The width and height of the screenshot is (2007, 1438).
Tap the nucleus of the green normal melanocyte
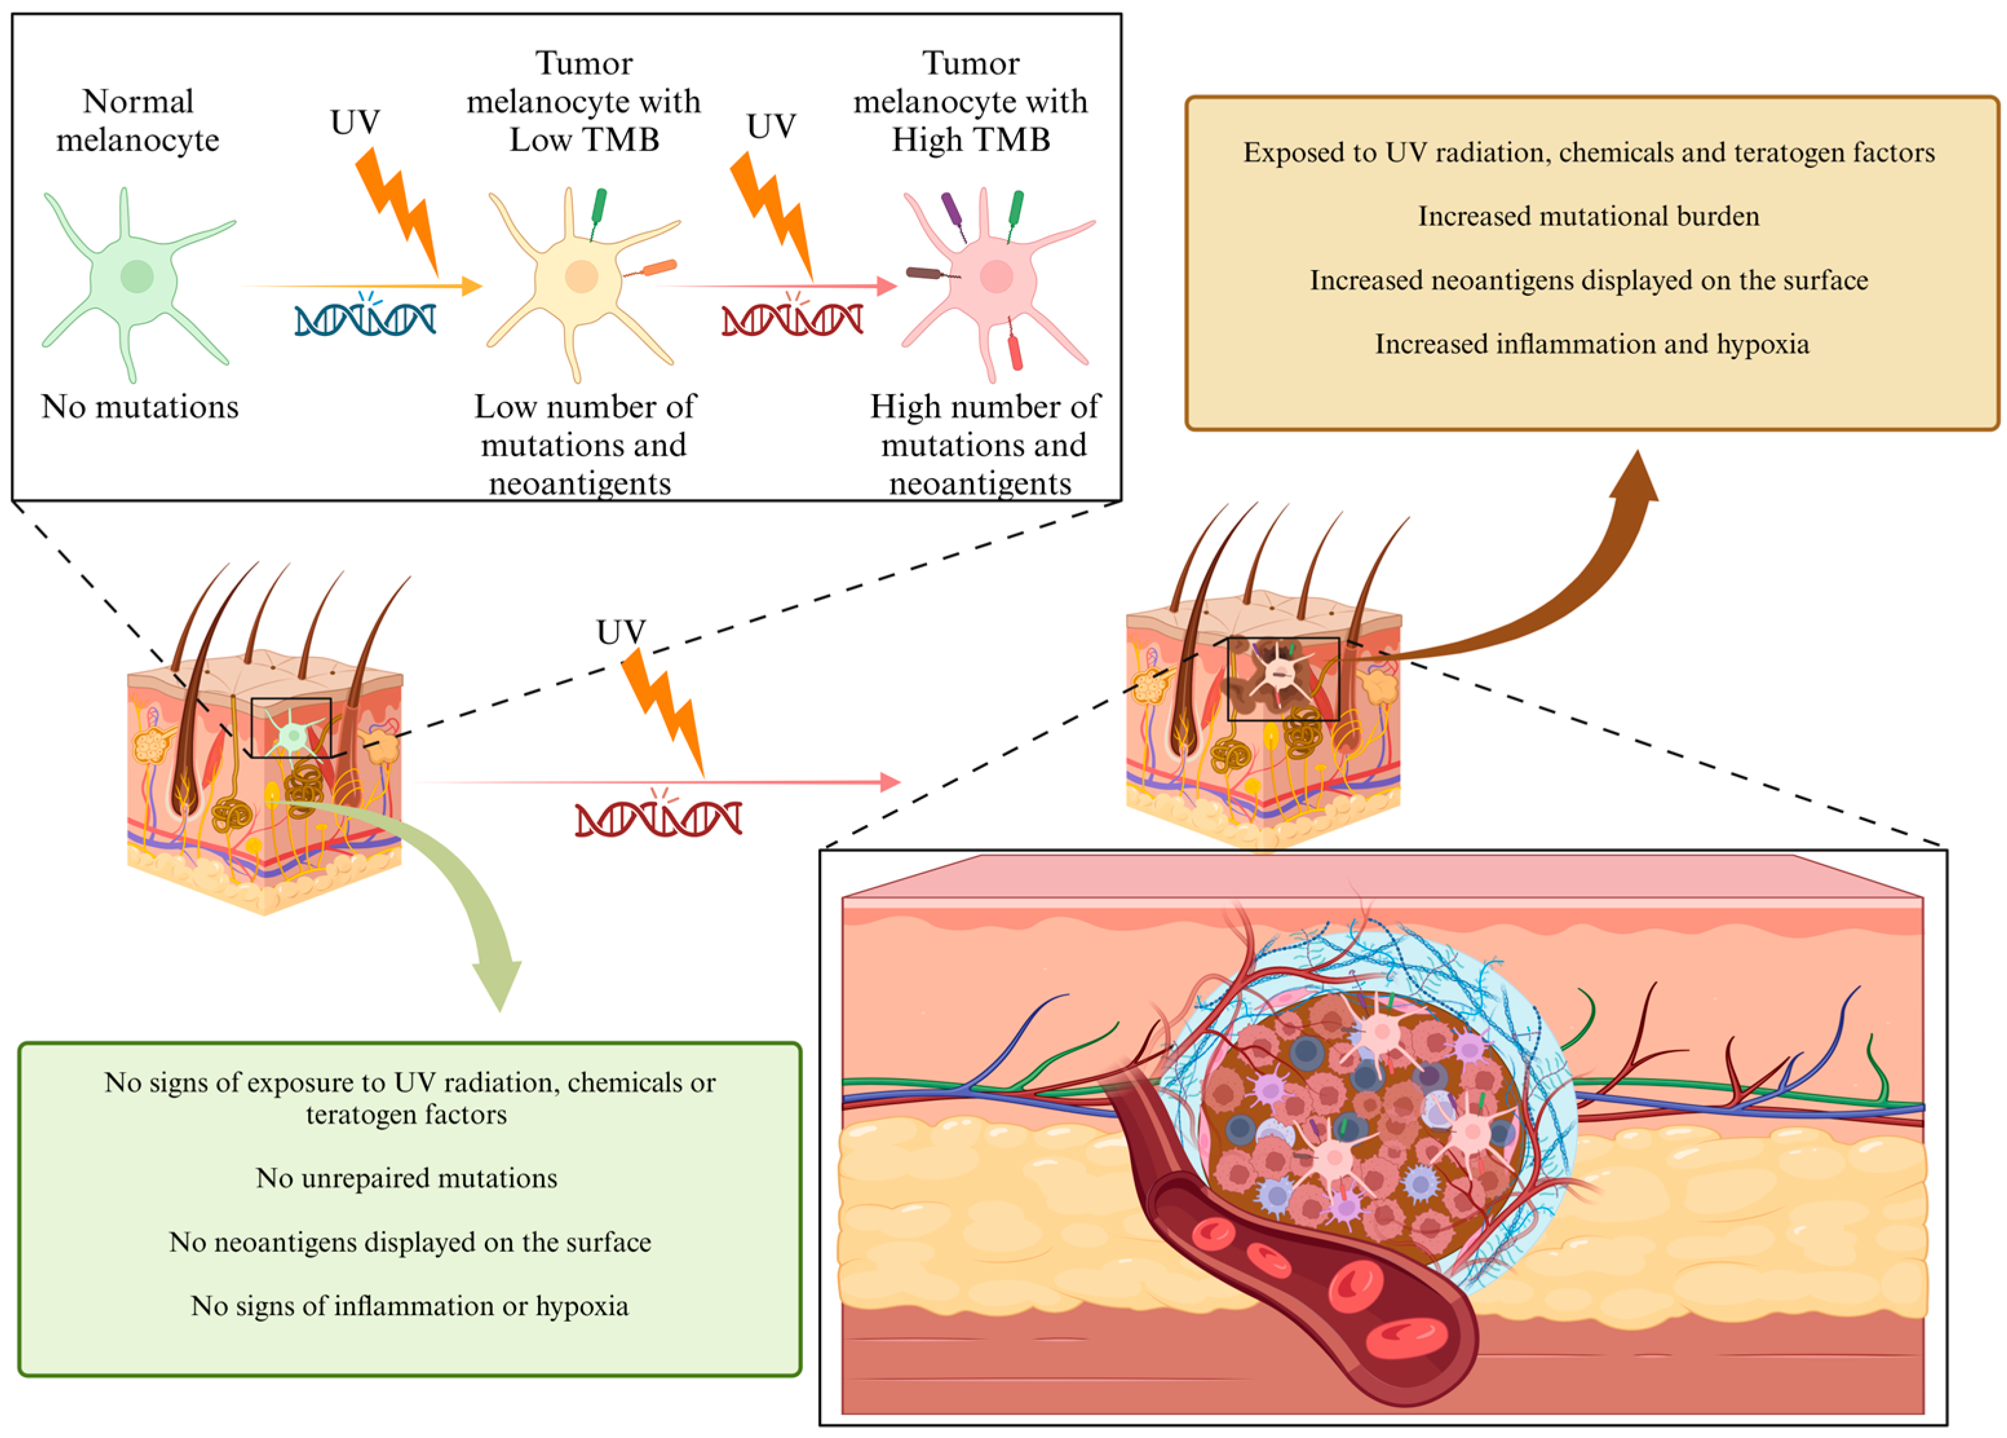tap(137, 276)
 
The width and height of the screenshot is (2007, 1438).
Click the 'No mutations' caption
tap(140, 407)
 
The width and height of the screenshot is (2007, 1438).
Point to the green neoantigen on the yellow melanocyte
tap(598, 205)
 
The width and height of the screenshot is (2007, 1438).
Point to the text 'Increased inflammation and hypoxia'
tap(1591, 344)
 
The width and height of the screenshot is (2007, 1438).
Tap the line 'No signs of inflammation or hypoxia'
tap(410, 1306)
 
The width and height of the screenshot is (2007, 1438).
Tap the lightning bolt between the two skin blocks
tap(663, 708)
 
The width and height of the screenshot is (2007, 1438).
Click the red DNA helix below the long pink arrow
tap(658, 818)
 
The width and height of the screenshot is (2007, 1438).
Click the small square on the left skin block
tap(291, 727)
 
